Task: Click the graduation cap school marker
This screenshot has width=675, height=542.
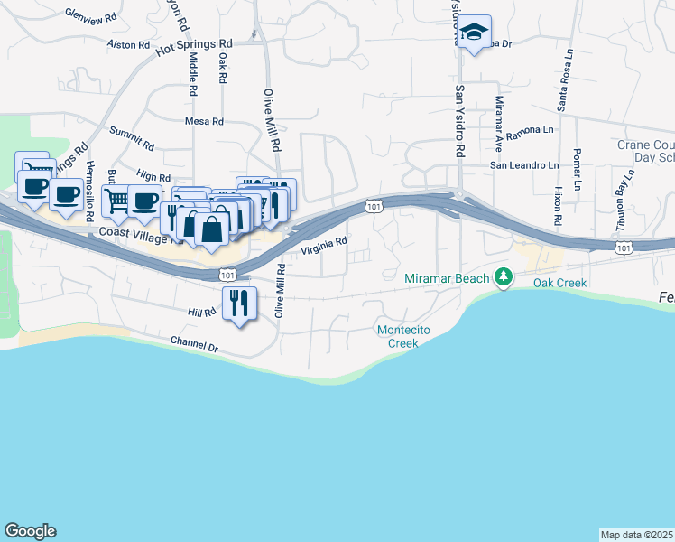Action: [473, 33]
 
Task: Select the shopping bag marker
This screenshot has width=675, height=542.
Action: [211, 229]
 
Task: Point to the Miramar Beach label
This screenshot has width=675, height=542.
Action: [447, 279]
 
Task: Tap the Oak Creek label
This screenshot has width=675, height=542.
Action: [559, 284]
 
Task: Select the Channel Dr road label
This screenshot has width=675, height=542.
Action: [194, 345]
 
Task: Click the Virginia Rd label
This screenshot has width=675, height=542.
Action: [324, 245]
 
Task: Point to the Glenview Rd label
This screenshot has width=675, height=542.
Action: [92, 15]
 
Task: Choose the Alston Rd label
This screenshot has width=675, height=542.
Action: [128, 44]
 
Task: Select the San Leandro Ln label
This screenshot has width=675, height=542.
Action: [524, 165]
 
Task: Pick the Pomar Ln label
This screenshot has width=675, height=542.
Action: [578, 165]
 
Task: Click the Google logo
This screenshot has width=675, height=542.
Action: [30, 531]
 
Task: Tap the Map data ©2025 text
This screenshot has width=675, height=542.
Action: [637, 535]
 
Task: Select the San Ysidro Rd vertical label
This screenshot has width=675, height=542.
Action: [459, 123]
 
